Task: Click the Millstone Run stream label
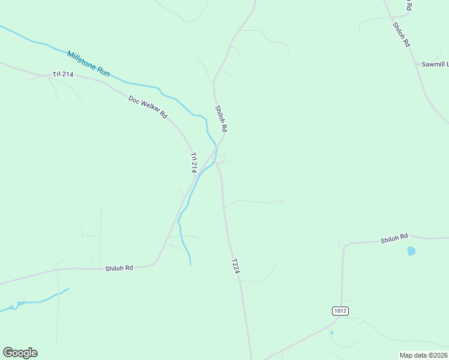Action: point(88,63)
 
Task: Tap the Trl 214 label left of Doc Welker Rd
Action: point(62,74)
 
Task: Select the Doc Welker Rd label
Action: point(148,106)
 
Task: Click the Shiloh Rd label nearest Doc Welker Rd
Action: point(221,119)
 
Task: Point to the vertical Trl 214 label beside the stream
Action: point(194,163)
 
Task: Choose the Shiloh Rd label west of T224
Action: point(119,268)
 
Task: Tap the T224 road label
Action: point(236,267)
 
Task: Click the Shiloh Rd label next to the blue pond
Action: point(394,239)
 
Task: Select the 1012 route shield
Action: point(340,310)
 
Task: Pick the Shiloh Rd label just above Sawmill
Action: point(401,35)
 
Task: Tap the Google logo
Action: point(20,352)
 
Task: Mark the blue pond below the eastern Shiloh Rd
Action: point(411,251)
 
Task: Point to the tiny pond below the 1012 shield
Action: point(332,332)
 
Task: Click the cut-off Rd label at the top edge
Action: point(409,5)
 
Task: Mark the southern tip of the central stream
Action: point(191,264)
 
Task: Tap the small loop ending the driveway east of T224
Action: point(281,201)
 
